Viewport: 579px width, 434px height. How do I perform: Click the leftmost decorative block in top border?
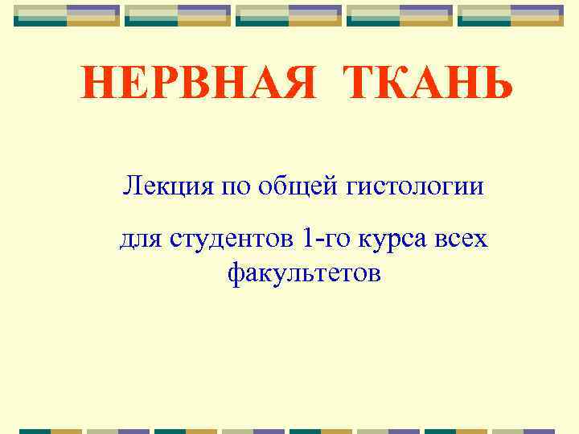(x=67, y=15)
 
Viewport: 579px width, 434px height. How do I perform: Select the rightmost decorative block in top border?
(x=511, y=15)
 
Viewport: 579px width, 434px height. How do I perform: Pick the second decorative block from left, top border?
(x=178, y=15)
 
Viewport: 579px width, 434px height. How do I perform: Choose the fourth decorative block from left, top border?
(x=400, y=15)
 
